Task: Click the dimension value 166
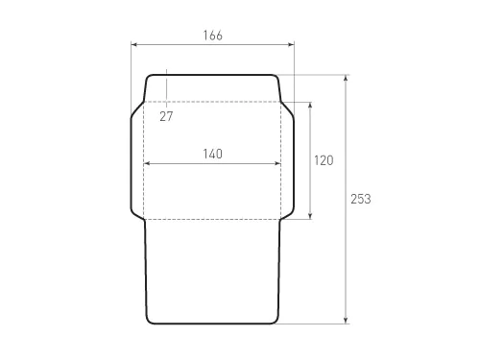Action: coord(213,36)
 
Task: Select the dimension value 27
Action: coord(166,116)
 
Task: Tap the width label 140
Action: coord(213,154)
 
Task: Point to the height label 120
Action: coord(324,161)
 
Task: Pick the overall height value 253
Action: coord(360,199)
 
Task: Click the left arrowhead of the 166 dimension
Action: coord(133,44)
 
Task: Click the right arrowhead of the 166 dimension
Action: coord(292,44)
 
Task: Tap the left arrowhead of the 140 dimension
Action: coord(147,163)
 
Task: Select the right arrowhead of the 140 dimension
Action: coord(279,163)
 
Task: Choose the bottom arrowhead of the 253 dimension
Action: coord(346,321)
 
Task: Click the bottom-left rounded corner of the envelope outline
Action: coord(150,320)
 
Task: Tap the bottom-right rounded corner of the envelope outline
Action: coord(276,320)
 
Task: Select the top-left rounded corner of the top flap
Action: coord(148,78)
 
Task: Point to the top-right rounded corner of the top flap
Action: coord(278,78)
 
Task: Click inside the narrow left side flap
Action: coord(137,160)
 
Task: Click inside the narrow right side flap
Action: coord(288,160)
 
